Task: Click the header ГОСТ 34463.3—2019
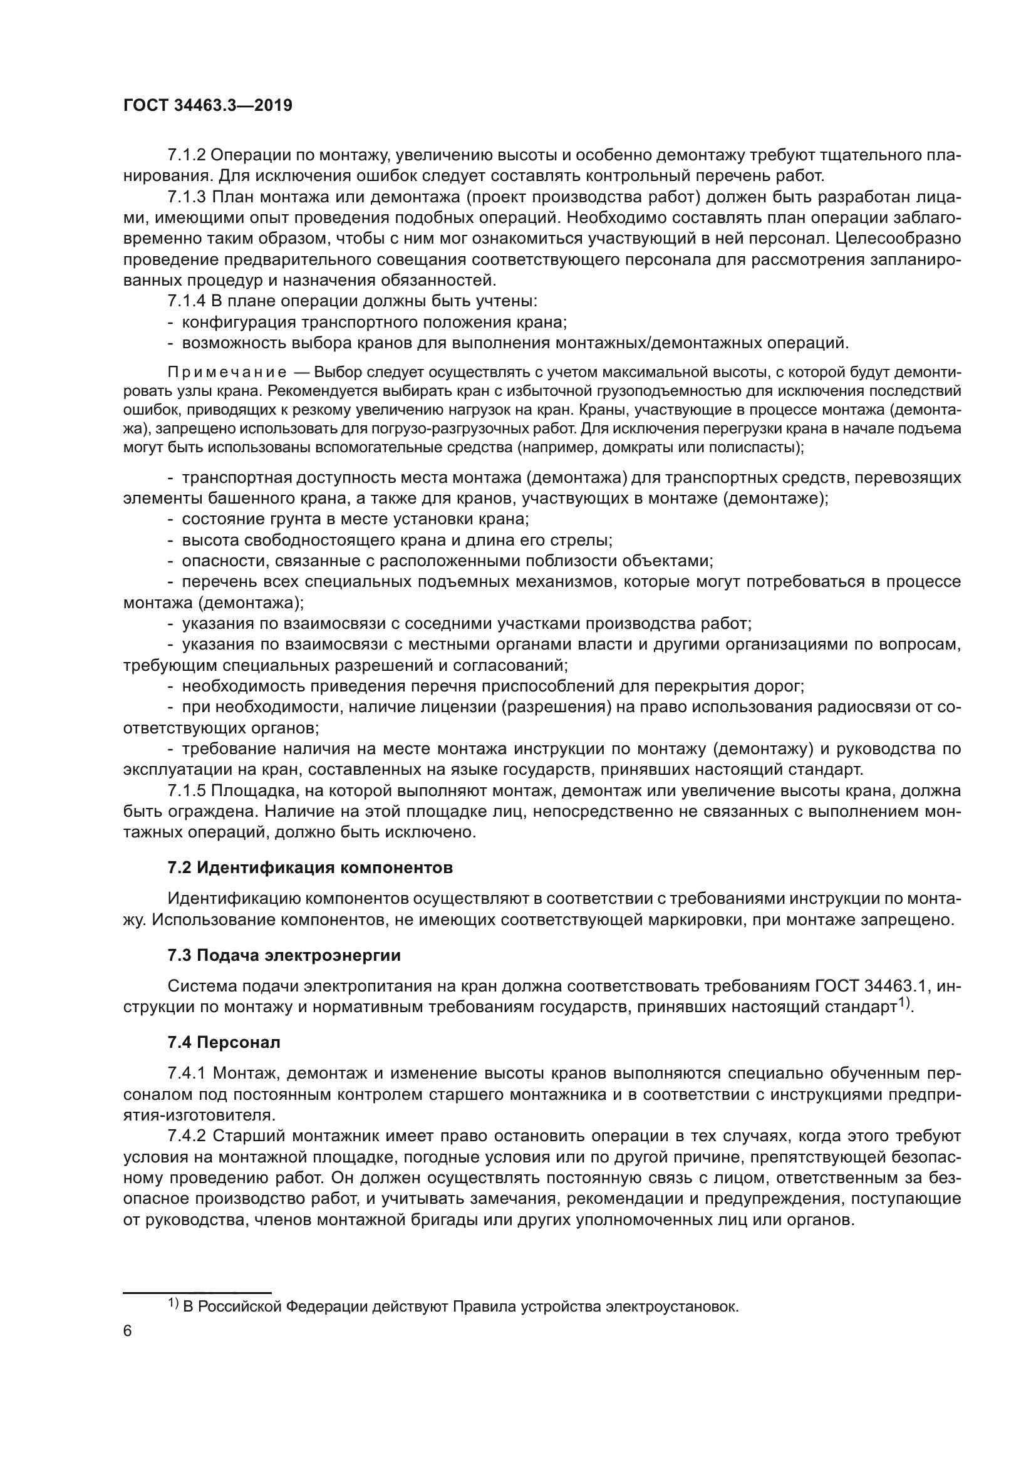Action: pyautogui.click(x=207, y=106)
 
